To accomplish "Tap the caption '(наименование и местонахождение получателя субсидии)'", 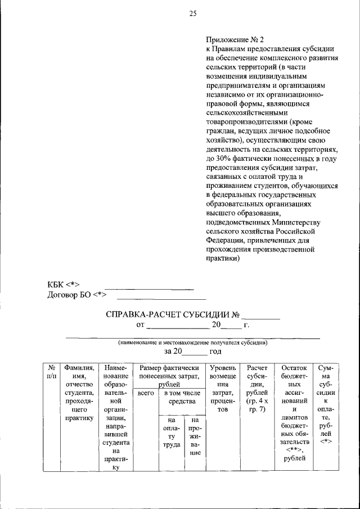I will click(x=192, y=342).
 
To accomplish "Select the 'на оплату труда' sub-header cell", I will click(x=171, y=432).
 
